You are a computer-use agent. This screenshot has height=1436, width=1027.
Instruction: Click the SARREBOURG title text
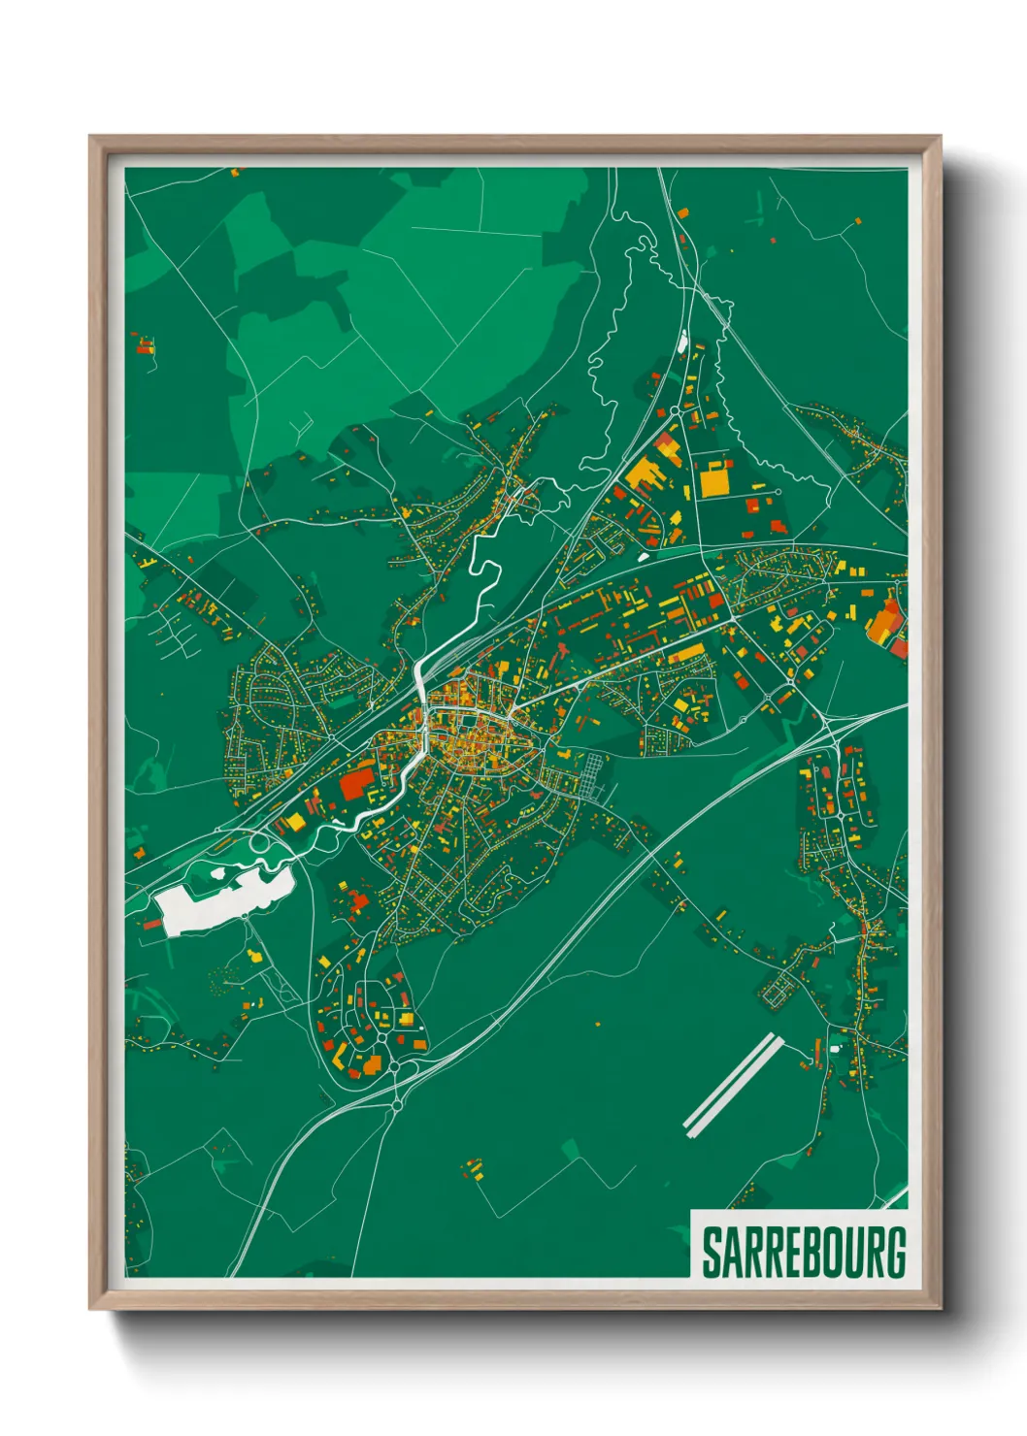804,1253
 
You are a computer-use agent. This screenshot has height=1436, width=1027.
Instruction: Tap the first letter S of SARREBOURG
712,1253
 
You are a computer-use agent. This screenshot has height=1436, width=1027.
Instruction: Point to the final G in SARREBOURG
895,1253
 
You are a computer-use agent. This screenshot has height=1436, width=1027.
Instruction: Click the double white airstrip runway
733,1085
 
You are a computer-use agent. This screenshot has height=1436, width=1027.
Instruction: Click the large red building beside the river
356,781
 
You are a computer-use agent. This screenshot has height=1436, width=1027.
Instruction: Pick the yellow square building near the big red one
294,822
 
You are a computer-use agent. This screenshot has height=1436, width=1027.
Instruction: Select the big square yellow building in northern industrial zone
715,480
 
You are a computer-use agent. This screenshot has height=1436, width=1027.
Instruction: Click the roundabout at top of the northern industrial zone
676,412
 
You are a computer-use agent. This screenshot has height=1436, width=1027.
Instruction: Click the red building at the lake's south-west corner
152,924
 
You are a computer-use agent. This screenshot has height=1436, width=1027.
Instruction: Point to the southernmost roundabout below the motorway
397,1103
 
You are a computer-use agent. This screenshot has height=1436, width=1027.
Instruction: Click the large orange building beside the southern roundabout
372,1065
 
